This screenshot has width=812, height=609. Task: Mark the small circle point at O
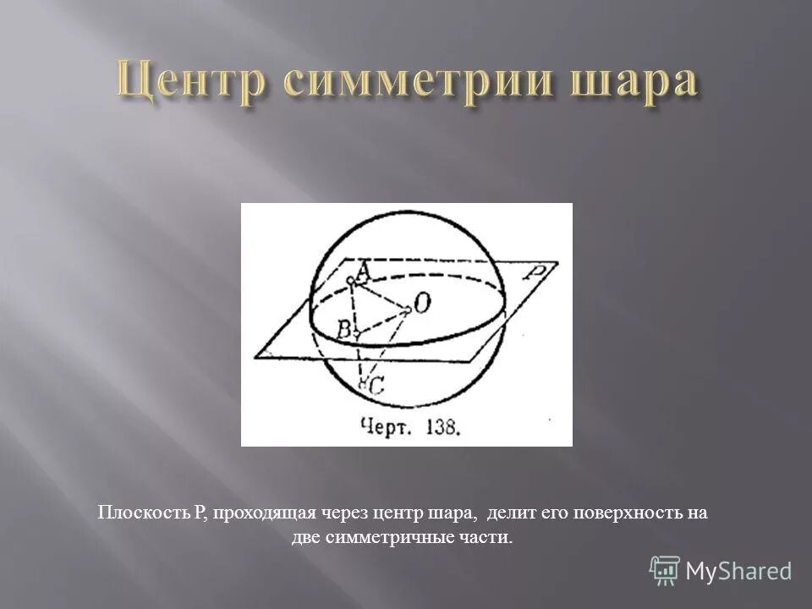[x=408, y=310]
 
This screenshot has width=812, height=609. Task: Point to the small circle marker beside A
[x=350, y=279]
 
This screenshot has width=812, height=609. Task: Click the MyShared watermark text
[x=738, y=571]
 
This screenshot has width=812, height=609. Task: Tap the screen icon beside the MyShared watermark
[x=665, y=571]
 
